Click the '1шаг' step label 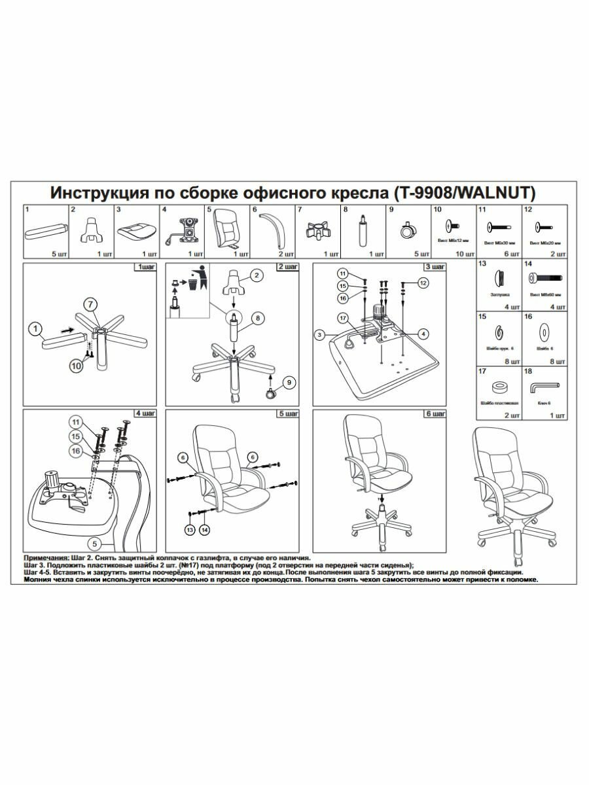143,268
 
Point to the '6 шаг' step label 435,414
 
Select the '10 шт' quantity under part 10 463,253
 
